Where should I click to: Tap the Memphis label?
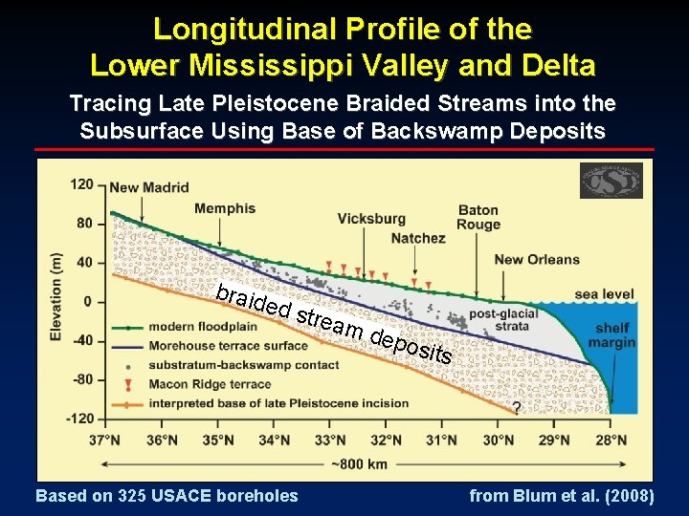point(225,208)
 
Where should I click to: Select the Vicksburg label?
point(371,218)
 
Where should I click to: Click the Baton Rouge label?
point(478,218)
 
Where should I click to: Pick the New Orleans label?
point(537,259)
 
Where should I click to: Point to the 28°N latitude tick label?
point(607,441)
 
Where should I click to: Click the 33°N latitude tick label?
point(329,441)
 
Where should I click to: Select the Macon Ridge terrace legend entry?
point(211,384)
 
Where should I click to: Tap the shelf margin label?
point(609,335)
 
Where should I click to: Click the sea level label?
point(603,294)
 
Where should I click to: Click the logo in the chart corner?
point(611,180)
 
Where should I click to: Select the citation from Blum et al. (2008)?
point(562,496)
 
